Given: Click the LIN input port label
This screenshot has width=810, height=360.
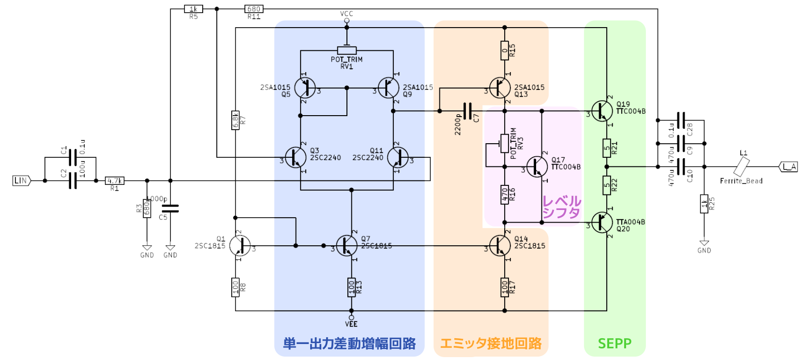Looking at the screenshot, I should [21, 180].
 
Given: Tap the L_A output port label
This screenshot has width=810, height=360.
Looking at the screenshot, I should [789, 167].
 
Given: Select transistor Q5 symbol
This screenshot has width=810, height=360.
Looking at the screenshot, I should [304, 88].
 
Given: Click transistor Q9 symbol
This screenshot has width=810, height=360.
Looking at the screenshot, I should [388, 88].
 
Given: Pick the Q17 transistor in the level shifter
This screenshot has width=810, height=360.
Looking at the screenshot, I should [537, 166].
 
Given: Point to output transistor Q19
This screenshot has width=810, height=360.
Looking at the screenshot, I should [601, 111].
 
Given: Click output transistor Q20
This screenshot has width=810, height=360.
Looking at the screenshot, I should [601, 223].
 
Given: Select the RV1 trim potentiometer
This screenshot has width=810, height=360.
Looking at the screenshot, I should [346, 50].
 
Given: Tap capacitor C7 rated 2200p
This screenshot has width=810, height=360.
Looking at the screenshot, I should [467, 111].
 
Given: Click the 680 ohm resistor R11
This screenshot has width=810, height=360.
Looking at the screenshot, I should [254, 9].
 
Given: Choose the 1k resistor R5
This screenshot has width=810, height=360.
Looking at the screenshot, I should [194, 9].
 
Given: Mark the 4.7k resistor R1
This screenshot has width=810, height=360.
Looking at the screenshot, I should [115, 180].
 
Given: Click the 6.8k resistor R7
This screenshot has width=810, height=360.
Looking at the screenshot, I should [235, 120].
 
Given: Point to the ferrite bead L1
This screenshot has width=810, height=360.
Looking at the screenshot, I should [741, 167].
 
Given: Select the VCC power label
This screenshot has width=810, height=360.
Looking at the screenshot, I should [346, 14].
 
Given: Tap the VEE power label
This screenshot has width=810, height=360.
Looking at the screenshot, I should [351, 324].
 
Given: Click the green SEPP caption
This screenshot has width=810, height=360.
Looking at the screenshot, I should [615, 344].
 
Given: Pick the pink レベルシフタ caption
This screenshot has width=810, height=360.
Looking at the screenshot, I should [561, 207].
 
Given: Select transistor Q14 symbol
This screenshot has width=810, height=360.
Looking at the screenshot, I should [500, 246].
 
